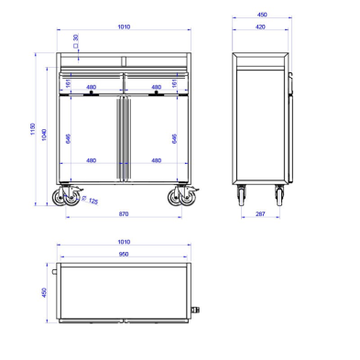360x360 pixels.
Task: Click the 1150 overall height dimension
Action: [31, 134]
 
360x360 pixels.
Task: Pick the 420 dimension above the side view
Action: [261, 28]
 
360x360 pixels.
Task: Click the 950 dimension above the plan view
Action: [124, 256]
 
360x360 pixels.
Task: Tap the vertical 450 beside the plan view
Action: [43, 293]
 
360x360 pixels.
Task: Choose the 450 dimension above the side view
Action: [261, 16]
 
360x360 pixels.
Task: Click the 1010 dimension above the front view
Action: [124, 28]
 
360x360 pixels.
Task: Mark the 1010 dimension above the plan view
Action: [124, 244]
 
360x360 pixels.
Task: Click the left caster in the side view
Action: [242, 194]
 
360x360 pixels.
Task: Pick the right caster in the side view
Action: [280, 194]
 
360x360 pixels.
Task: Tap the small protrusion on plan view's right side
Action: [196, 310]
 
